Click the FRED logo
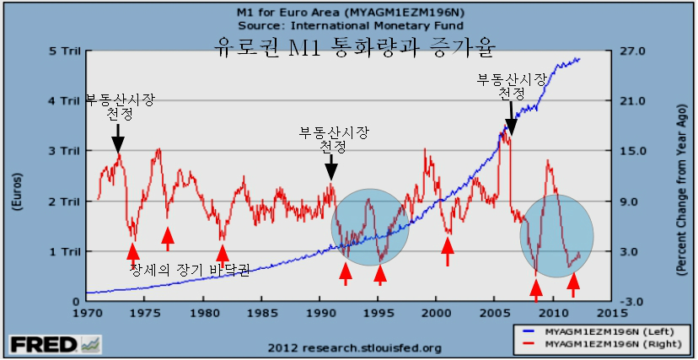pos(56,345)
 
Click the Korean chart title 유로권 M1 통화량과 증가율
pos(354,48)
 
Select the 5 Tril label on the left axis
pos(65,51)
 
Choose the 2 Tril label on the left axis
pos(65,201)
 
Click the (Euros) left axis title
pos(19,191)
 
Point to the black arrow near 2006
pos(511,118)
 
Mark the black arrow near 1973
pos(118,139)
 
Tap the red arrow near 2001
pos(448,252)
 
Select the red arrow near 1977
pos(168,239)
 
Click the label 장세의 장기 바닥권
pos(190,269)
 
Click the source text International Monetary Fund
pos(377,25)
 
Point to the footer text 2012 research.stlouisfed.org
pos(355,347)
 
